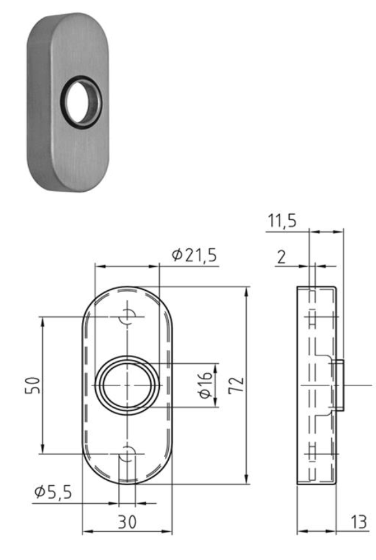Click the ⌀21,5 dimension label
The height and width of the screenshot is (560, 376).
[x=194, y=254]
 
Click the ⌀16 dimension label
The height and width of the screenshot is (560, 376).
[x=205, y=385]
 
